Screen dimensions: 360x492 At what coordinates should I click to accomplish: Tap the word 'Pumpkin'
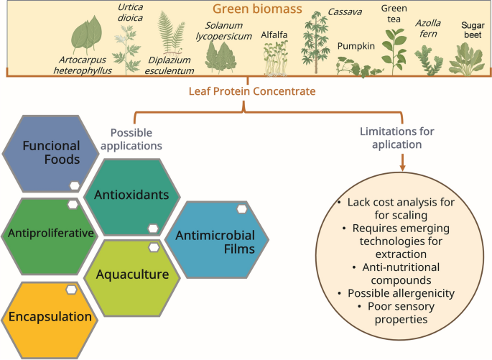point(356,46)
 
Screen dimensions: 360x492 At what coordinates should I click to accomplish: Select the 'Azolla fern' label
point(429,28)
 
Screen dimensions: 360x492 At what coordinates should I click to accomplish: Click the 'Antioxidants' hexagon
point(136,195)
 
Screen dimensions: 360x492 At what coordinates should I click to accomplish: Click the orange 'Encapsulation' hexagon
point(50,315)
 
